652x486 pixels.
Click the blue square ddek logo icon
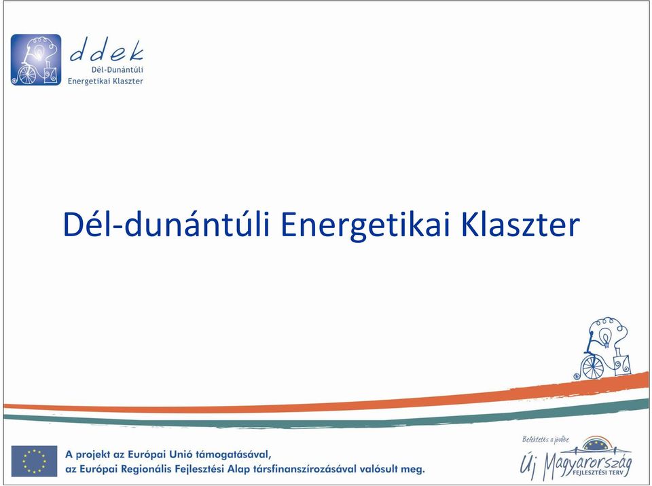[x=36, y=60]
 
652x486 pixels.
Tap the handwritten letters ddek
[x=107, y=50]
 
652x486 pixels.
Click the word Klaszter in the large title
[x=521, y=225]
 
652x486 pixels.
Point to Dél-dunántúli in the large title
[x=166, y=225]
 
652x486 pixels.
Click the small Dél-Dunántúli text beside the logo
[x=117, y=69]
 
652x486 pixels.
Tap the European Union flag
[x=34, y=461]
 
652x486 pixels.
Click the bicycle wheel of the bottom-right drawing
[x=593, y=367]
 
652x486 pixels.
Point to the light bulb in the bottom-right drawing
[x=606, y=337]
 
